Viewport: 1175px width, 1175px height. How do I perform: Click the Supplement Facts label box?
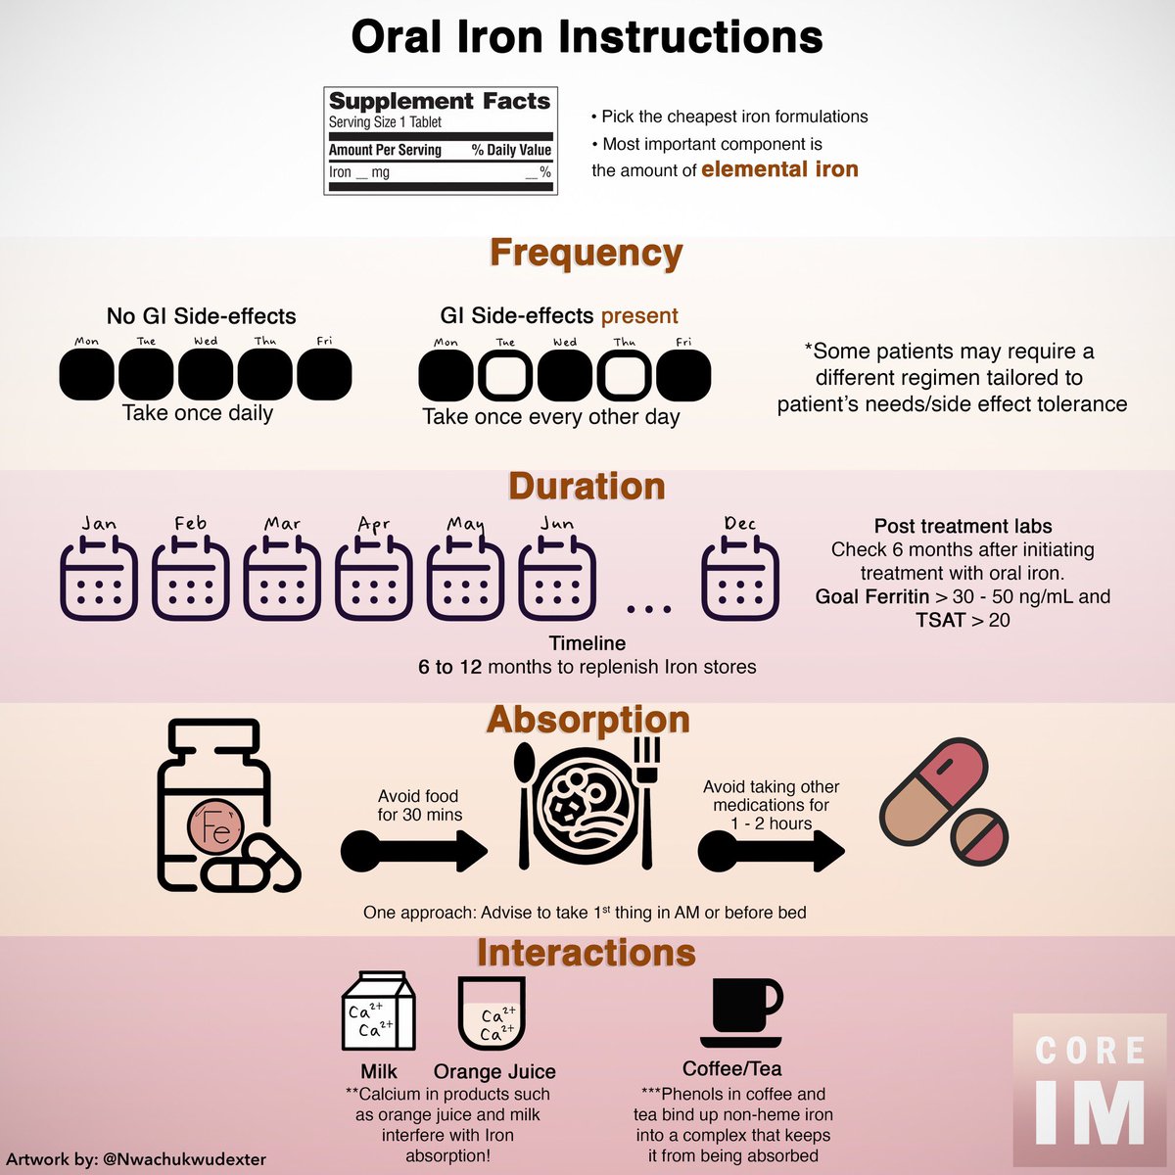coord(441,141)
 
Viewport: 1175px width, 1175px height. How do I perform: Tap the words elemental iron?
coord(779,169)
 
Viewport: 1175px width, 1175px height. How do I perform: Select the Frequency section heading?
coord(586,253)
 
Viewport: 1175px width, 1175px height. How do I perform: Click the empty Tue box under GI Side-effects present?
coord(505,376)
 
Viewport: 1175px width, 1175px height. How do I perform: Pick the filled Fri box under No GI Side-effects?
coord(324,374)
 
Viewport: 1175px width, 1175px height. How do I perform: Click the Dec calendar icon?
coord(740,580)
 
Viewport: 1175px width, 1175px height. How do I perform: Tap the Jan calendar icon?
coord(99,580)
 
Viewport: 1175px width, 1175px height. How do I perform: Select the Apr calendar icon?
coord(374,580)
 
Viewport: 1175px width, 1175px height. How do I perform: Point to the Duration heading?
coord(586,487)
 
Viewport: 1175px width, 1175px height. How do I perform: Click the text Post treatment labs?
coord(963,527)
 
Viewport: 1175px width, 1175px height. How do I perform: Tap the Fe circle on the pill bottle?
coord(214,828)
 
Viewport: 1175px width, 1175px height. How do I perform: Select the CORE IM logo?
coord(1090,1092)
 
